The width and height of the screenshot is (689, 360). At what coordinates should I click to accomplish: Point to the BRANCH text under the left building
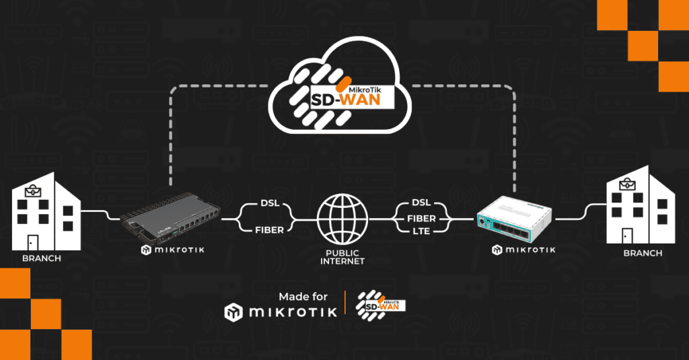[42, 259]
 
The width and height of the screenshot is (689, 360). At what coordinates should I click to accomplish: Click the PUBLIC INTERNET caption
[343, 256]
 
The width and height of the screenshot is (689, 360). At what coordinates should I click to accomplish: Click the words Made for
[303, 297]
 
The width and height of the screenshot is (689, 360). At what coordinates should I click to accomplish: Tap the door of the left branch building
[32, 242]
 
